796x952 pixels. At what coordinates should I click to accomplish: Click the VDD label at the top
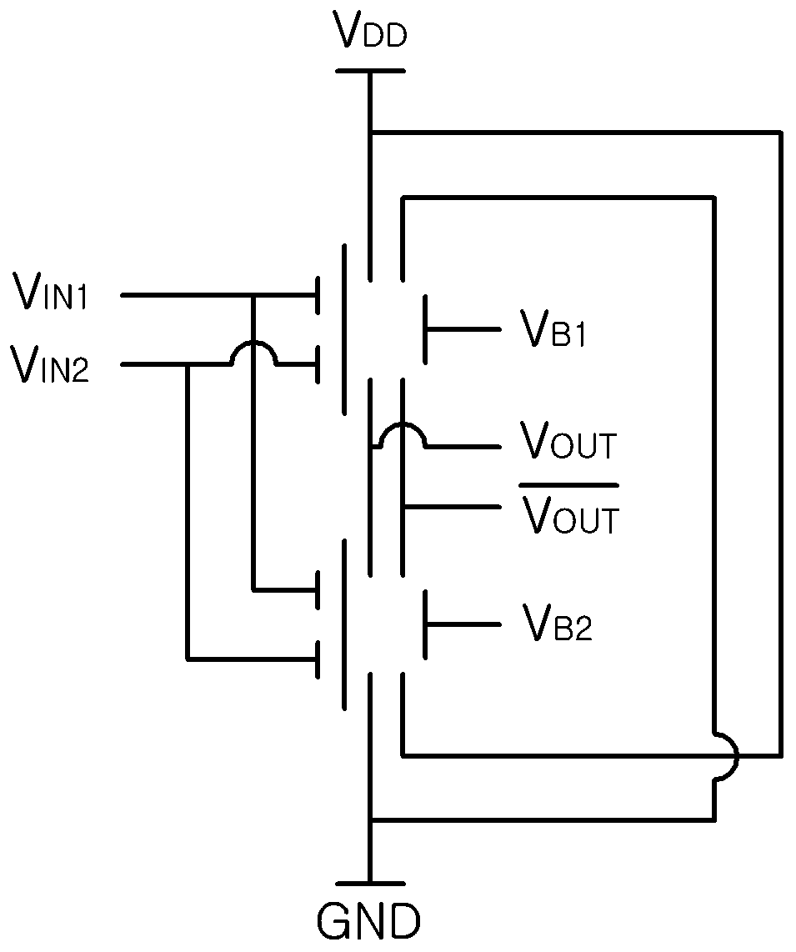click(371, 30)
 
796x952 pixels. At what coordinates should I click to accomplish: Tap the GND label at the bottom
click(368, 922)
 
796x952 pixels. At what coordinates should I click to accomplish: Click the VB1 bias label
click(553, 328)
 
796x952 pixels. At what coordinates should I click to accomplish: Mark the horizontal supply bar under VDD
click(370, 71)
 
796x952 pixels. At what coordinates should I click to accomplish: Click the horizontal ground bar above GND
click(370, 884)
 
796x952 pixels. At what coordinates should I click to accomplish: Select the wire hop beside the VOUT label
click(402, 428)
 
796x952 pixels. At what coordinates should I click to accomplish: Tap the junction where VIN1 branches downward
click(253, 296)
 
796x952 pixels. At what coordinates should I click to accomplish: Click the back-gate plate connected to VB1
click(425, 329)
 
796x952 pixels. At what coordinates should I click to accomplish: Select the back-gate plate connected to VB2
click(425, 624)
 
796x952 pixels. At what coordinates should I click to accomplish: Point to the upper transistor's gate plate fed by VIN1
click(318, 296)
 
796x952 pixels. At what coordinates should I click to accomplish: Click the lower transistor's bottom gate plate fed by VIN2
click(318, 659)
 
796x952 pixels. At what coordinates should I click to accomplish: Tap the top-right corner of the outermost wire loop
click(779, 132)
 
